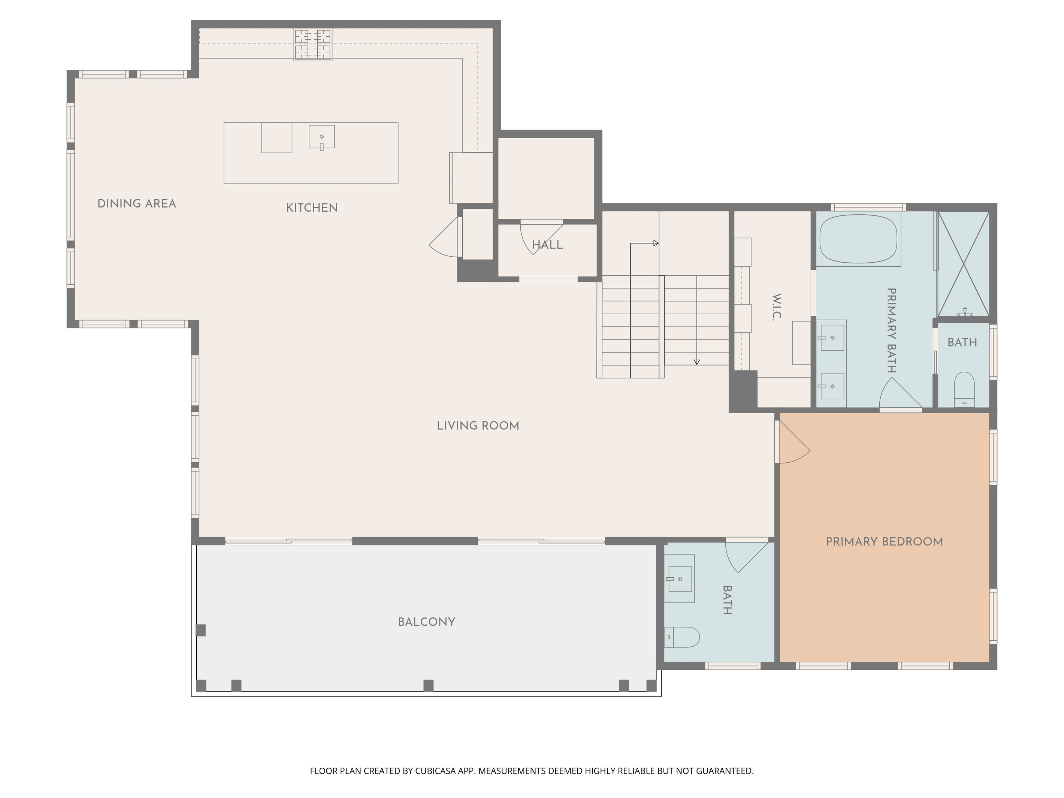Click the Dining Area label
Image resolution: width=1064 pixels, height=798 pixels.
pos(137,204)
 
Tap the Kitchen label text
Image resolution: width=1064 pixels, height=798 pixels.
pos(312,208)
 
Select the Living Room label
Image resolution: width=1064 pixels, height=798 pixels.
pos(478,426)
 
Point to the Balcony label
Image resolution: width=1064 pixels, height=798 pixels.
pos(426,622)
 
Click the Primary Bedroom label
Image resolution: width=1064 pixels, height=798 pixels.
pos(884,542)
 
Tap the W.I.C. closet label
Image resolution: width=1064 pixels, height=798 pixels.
pos(776,307)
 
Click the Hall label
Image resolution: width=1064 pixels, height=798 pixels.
pos(547,245)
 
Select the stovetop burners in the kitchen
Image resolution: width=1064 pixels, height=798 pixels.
pos(313,45)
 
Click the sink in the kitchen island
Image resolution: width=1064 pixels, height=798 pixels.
pos(321,137)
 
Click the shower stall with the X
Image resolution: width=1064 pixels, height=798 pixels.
pos(963,264)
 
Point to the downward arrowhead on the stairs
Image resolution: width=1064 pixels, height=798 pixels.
pos(696,362)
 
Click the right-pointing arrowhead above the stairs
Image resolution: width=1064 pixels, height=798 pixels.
pos(656,244)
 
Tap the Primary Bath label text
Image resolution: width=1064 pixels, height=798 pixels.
pos(891,330)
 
